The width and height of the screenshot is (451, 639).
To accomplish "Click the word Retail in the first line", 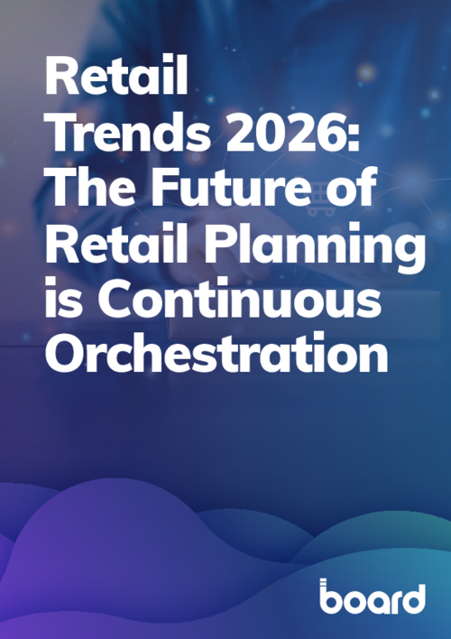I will (118, 79).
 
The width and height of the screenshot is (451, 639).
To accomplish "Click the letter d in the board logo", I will (411, 597).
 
